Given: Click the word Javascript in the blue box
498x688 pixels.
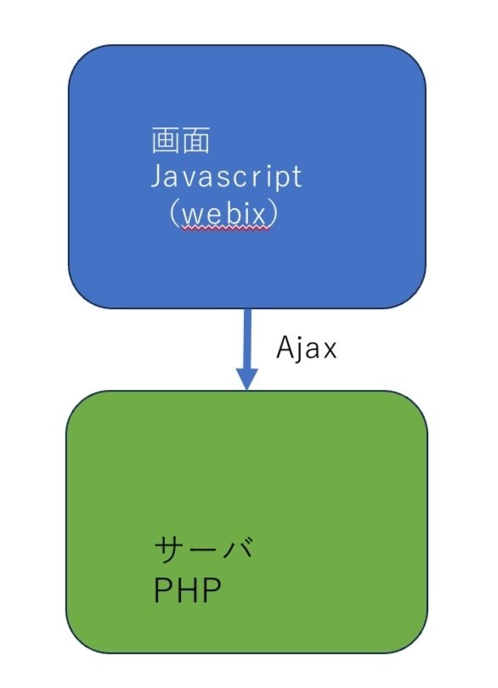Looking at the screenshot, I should (226, 177).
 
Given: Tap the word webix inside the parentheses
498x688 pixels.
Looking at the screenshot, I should (225, 213).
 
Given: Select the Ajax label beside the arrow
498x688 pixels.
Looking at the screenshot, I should (307, 348).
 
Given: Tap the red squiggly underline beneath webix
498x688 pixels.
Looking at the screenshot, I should (225, 228).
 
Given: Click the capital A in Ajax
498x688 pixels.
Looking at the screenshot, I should (286, 348).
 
